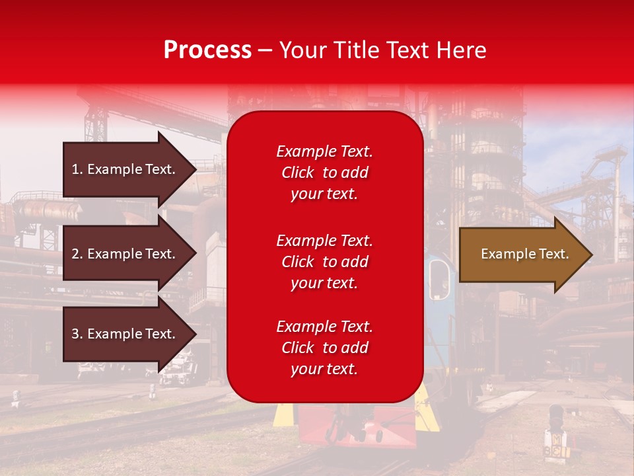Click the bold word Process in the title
tap(207, 50)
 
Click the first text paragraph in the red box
tap(324, 173)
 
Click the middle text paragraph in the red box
tap(324, 262)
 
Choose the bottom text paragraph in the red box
tap(324, 348)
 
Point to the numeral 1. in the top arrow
tap(77, 169)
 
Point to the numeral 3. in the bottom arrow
tap(77, 334)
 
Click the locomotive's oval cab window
tap(439, 278)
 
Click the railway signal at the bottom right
tap(556, 430)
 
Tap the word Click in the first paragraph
tap(297, 173)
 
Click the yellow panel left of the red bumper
tap(284, 413)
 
